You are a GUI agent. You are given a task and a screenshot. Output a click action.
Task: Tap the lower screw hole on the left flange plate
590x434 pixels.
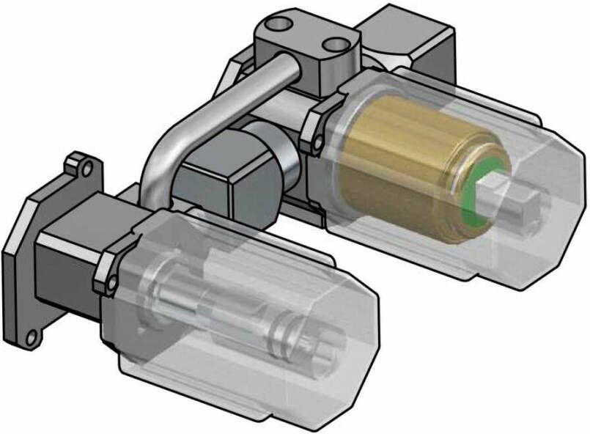coord(30,338)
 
